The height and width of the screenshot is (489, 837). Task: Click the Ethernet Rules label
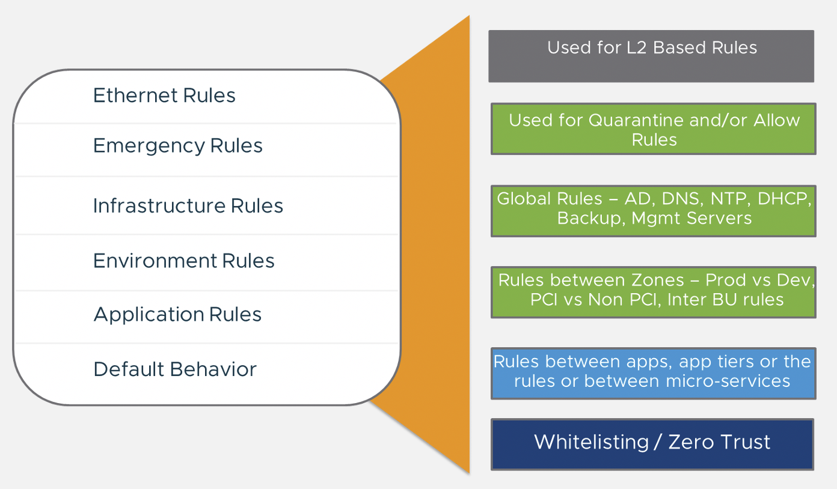point(164,95)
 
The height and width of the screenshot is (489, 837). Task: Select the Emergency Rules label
point(178,146)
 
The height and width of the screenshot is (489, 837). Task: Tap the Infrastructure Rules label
point(188,205)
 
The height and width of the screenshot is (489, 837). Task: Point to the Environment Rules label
point(184,261)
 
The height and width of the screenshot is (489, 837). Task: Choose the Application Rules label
point(177,315)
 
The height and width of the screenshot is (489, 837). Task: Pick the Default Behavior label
point(175,369)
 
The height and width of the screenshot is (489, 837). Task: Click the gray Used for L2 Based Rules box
point(651,56)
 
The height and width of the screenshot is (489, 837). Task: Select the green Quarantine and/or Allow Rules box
point(654,129)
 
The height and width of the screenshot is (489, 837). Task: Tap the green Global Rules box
point(654,211)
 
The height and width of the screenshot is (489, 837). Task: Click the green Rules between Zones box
point(654,293)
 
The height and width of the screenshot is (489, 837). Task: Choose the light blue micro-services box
point(654,374)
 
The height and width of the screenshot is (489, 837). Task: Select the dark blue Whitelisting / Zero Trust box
point(652,444)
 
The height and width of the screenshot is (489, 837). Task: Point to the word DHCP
point(784,199)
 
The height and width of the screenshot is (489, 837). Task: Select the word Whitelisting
point(592,443)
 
